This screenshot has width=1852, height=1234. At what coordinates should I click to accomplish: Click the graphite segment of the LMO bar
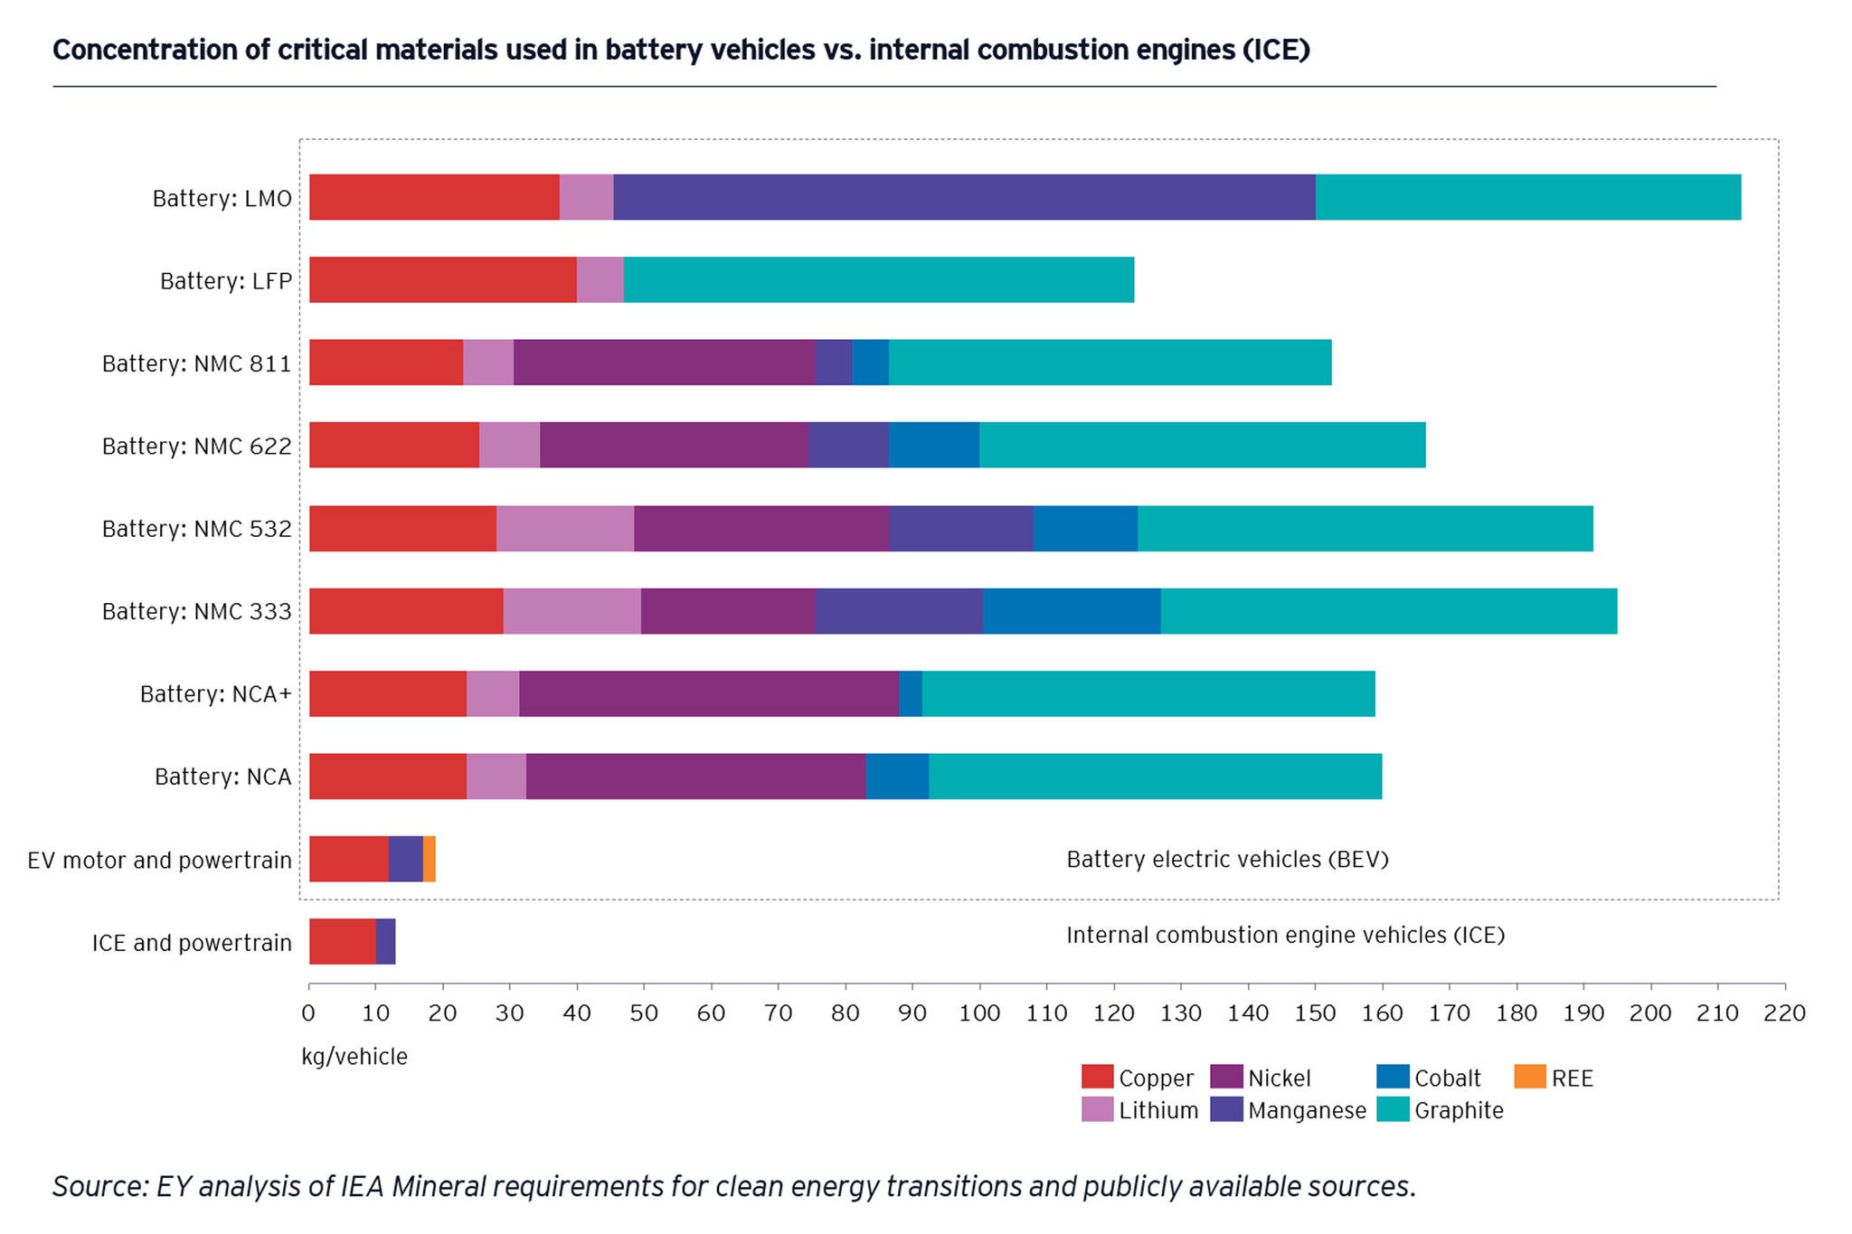(x=1527, y=197)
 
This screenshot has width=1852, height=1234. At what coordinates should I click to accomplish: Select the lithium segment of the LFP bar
(x=600, y=279)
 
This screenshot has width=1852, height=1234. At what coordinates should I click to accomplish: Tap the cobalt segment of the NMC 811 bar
(x=870, y=363)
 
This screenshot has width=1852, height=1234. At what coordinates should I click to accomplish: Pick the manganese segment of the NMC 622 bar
(x=848, y=445)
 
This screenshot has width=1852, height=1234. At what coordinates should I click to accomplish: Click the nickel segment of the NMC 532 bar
(x=761, y=528)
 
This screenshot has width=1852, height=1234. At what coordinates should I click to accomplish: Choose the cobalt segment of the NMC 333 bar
(x=1071, y=611)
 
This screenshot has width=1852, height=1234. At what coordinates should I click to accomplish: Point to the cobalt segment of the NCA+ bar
(x=910, y=693)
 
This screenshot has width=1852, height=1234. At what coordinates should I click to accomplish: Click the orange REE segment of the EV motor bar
(x=430, y=859)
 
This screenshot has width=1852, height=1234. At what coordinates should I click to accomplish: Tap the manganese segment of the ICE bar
(x=385, y=942)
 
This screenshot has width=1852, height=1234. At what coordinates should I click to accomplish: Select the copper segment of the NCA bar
(x=387, y=777)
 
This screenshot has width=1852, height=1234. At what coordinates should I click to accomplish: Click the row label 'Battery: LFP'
(x=225, y=281)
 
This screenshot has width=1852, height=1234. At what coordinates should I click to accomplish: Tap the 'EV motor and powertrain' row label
(x=159, y=860)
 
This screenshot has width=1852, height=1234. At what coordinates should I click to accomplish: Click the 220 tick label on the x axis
(x=1783, y=1013)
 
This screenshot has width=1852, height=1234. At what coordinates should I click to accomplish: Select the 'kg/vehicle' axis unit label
(x=354, y=1057)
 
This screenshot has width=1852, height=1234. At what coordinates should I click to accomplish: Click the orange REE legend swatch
(x=1529, y=1077)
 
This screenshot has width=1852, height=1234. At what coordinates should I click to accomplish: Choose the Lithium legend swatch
(x=1097, y=1109)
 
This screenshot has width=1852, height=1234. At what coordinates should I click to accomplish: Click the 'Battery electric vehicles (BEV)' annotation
(x=1227, y=859)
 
